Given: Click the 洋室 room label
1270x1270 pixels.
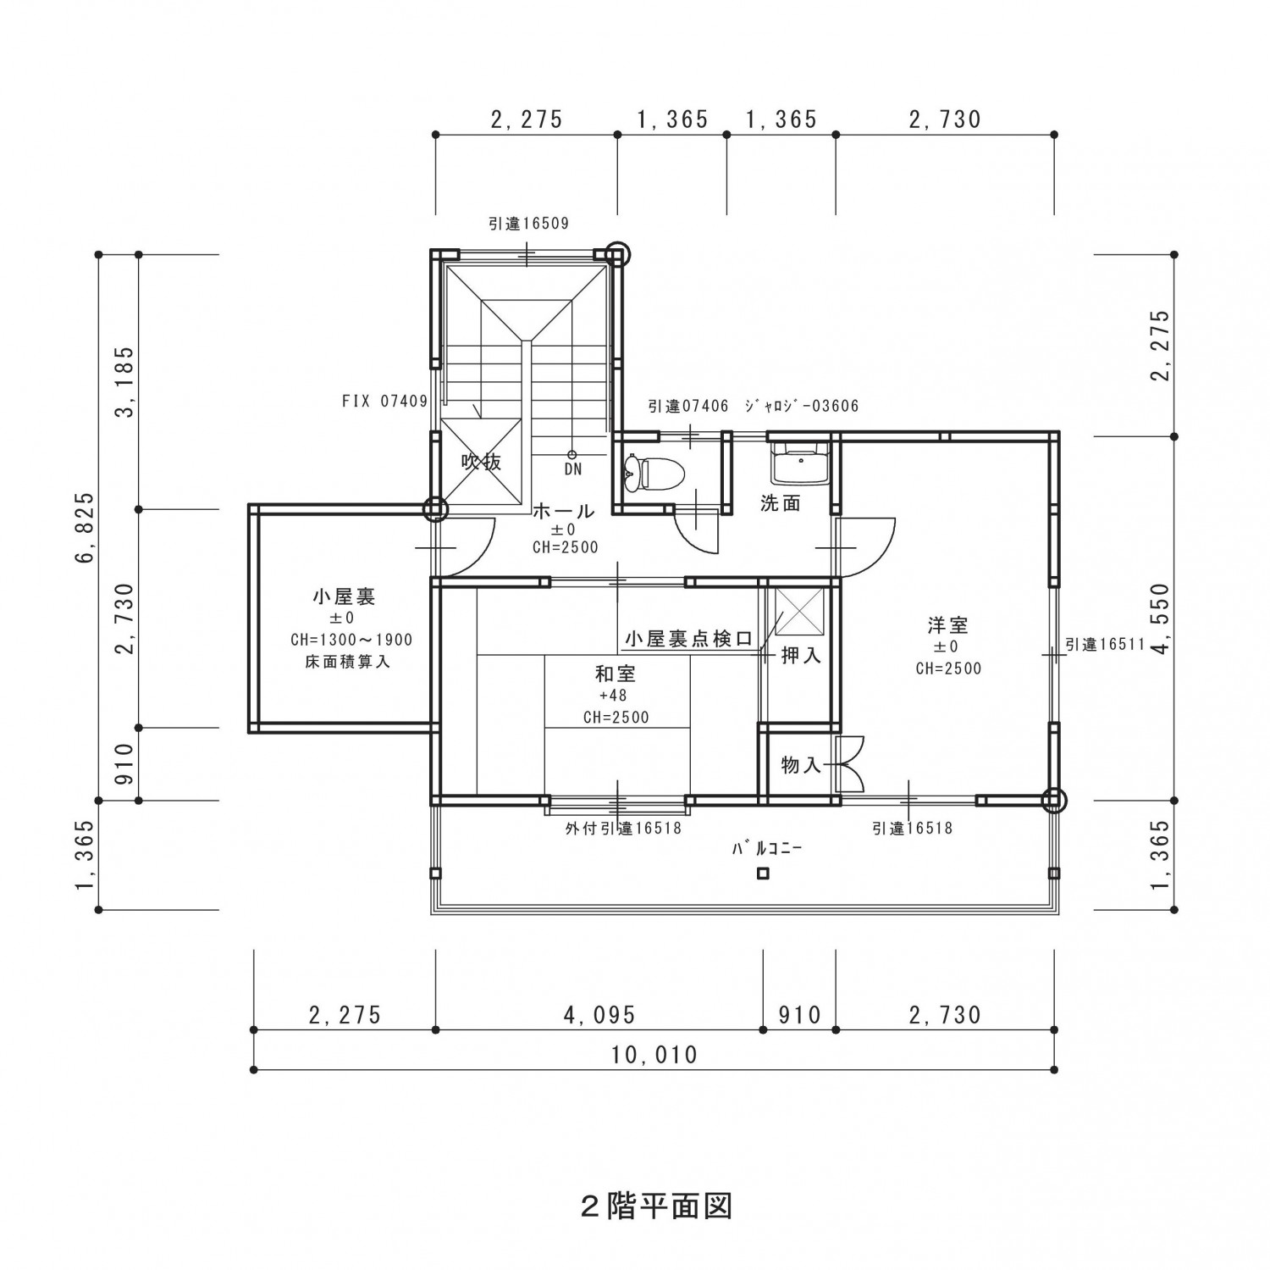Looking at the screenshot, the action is pyautogui.click(x=947, y=625).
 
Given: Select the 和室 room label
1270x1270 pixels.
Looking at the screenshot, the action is pyautogui.click(x=616, y=674).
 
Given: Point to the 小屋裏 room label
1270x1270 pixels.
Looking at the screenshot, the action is pyautogui.click(x=344, y=596).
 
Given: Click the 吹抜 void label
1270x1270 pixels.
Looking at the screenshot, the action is pyautogui.click(x=481, y=462).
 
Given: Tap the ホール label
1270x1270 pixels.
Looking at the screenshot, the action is pyautogui.click(x=564, y=511).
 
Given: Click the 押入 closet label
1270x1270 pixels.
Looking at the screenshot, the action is pyautogui.click(x=800, y=655).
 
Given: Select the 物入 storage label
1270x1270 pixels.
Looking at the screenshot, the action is pyautogui.click(x=801, y=765).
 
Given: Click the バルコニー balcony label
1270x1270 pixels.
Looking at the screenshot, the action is pyautogui.click(x=767, y=847).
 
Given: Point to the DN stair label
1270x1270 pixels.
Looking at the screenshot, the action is pyautogui.click(x=573, y=469).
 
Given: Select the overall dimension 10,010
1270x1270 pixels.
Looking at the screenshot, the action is pyautogui.click(x=654, y=1055).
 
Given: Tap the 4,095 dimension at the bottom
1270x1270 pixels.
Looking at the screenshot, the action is pyautogui.click(x=599, y=1014).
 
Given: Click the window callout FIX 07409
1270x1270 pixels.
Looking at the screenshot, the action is pyautogui.click(x=385, y=402).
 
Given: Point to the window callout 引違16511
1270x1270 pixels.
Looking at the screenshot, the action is pyautogui.click(x=1105, y=645).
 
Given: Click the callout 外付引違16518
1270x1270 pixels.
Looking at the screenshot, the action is pyautogui.click(x=623, y=829).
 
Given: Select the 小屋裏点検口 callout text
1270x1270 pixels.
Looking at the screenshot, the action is pyautogui.click(x=689, y=638).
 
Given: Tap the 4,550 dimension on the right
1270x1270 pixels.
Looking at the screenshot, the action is pyautogui.click(x=1161, y=618).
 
